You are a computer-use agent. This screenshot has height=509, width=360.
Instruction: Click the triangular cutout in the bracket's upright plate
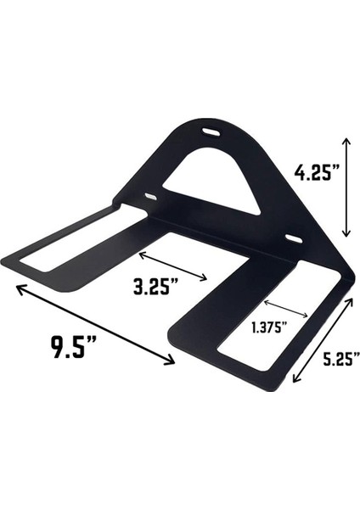[211, 179]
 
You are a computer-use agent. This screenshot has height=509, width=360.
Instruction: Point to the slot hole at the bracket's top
[209, 131]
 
